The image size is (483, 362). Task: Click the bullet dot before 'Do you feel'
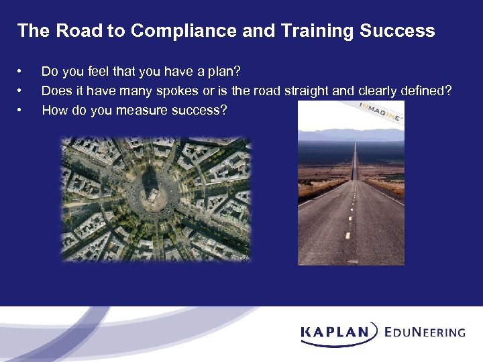tap(21, 70)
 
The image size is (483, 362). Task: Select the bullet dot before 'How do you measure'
tap(21, 109)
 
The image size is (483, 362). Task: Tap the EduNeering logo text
tap(425, 331)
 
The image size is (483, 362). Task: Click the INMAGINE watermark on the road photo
tap(380, 111)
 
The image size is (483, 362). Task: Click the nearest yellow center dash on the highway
tap(347, 235)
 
